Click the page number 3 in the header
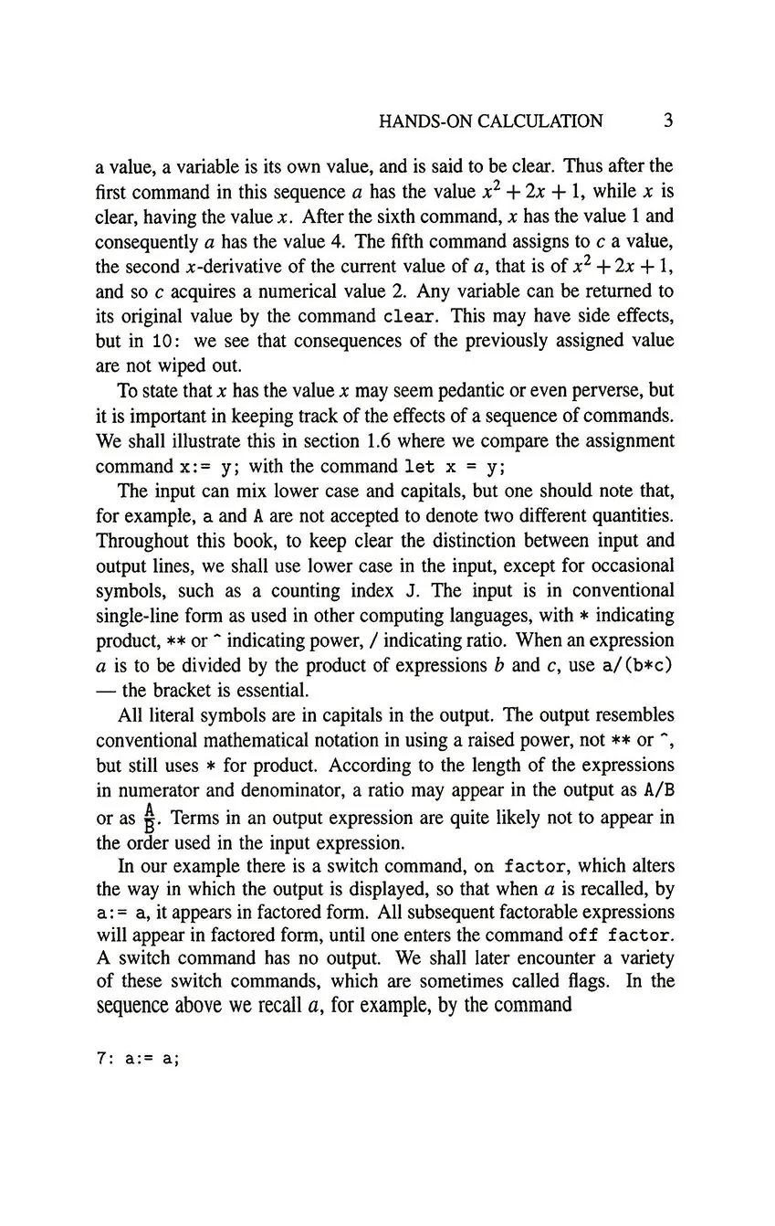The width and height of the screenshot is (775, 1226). (668, 121)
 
